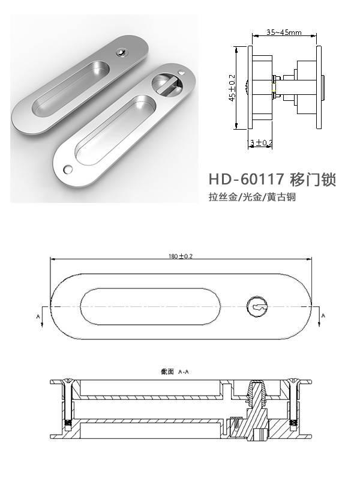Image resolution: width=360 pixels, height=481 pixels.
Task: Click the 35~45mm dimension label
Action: point(284,32)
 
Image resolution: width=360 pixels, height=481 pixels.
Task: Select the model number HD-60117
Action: point(244,180)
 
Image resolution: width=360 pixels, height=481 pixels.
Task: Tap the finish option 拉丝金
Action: point(222,197)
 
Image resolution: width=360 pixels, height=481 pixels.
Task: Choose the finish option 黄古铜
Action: point(281,197)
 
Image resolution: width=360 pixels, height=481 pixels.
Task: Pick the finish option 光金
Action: point(252,197)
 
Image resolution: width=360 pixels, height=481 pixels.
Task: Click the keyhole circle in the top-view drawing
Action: point(258,308)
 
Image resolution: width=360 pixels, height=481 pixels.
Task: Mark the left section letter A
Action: point(38,315)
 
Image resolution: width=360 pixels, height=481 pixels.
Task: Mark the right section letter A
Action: point(323,314)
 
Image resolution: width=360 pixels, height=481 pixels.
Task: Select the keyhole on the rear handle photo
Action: point(123,53)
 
